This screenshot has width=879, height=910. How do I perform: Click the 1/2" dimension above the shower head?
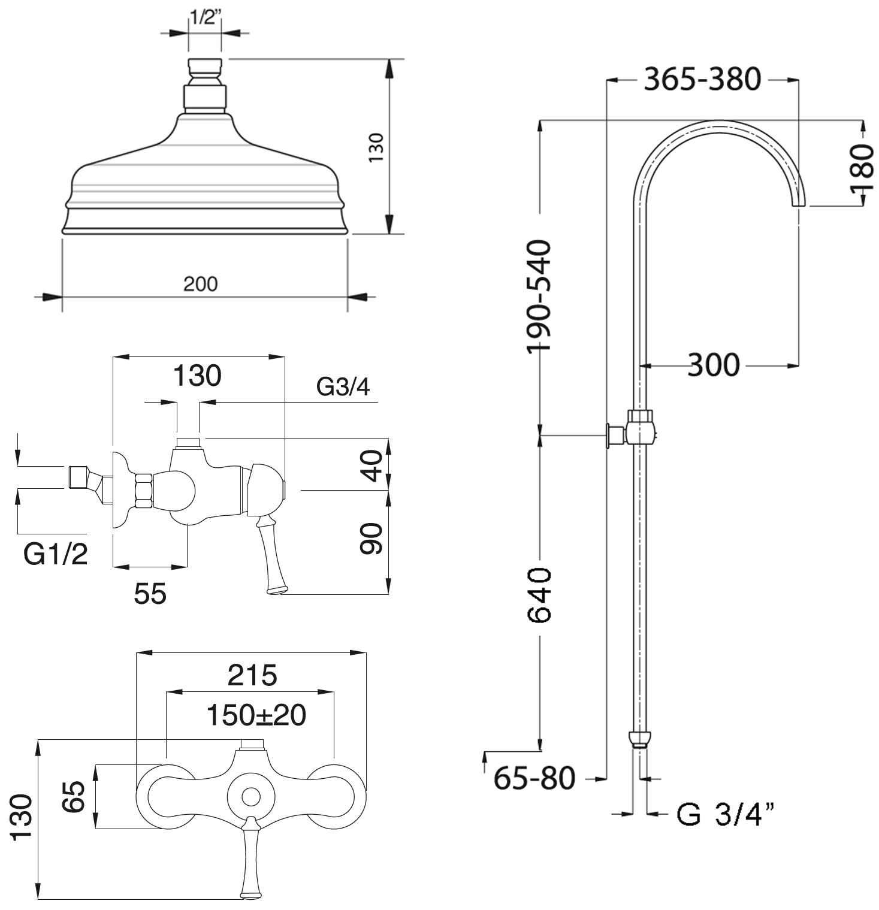click(205, 17)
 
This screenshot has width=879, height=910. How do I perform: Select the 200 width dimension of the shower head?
click(200, 283)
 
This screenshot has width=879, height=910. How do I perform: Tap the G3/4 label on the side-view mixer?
click(343, 387)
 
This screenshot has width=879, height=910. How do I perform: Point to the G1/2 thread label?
click(56, 554)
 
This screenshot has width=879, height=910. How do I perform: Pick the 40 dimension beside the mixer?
click(372, 466)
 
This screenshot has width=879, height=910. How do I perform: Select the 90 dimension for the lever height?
click(372, 539)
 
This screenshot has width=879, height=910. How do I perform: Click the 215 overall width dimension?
click(252, 675)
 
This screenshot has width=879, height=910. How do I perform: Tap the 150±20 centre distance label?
click(256, 715)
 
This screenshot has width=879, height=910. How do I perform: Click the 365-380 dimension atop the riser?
click(702, 79)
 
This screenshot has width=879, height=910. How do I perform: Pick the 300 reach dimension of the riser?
click(713, 364)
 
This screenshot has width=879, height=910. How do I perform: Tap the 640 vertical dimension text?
click(538, 595)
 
